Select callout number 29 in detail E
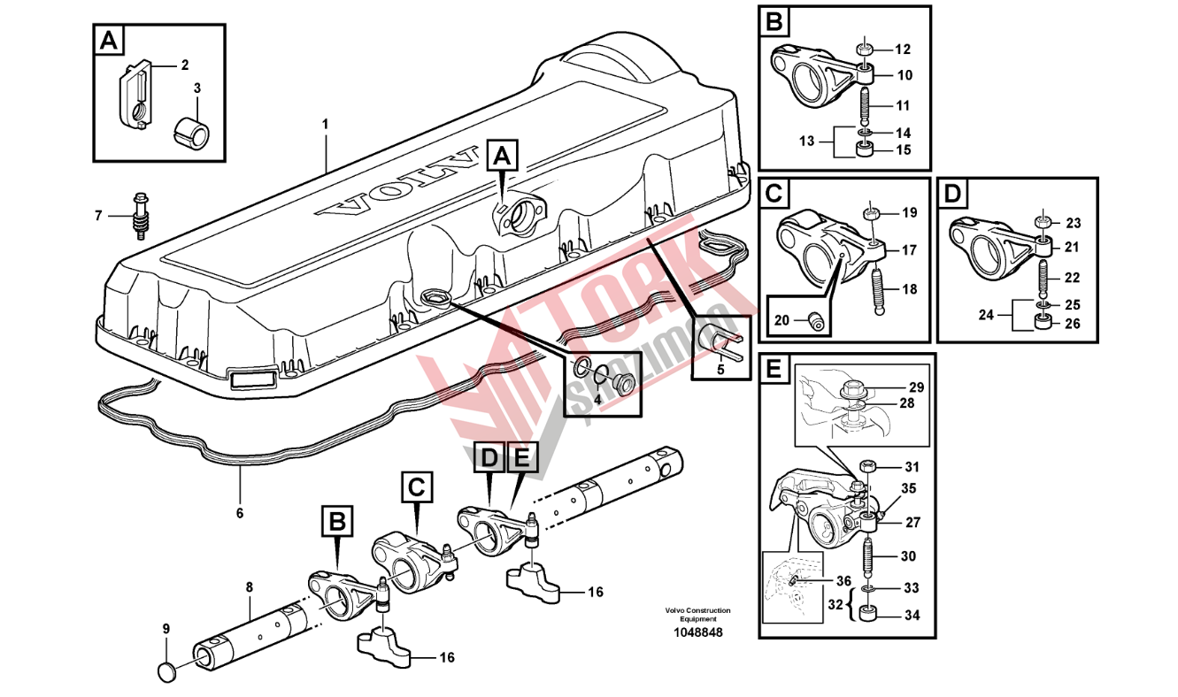coord(914,387)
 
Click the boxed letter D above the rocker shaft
coord(489,457)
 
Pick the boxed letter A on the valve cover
coord(502,157)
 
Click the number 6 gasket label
coord(239,512)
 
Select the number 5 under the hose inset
coord(720,369)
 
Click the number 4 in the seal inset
coord(597,399)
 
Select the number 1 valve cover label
coord(325,124)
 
